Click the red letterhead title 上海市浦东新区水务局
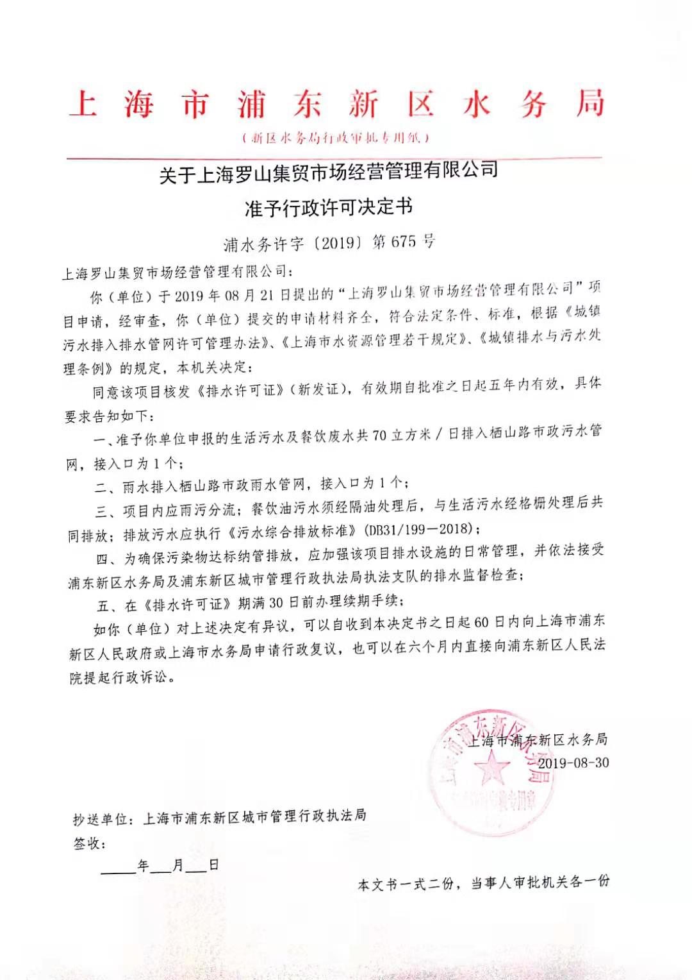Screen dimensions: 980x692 coord(336,104)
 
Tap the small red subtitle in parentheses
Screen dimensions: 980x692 coord(336,137)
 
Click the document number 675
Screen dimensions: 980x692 coord(403,242)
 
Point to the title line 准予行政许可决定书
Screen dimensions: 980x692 coord(329,207)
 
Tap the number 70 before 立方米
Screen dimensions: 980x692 coord(380,435)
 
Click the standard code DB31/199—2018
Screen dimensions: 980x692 coord(420,529)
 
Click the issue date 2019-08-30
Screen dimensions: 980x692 coord(573,763)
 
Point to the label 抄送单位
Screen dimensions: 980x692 coord(103,820)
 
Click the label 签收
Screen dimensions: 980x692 coord(87,843)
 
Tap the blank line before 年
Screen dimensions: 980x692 coord(119,867)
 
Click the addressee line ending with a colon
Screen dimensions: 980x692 coord(176,273)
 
